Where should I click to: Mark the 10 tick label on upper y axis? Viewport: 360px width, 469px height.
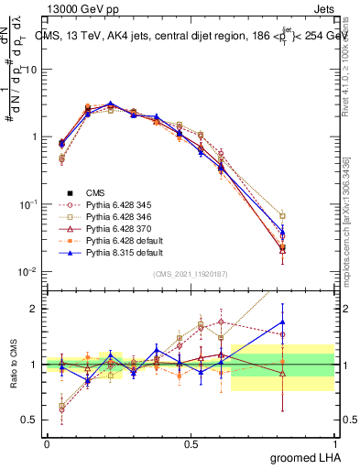(32, 69)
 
